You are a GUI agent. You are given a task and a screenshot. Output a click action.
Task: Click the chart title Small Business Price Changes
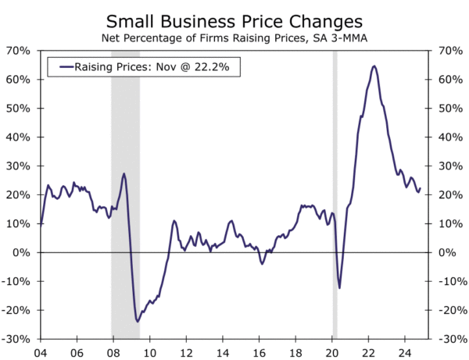(x=234, y=20)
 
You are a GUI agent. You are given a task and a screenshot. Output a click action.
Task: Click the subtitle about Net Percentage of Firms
(x=234, y=37)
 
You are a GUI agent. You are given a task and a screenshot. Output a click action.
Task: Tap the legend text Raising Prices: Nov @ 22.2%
(x=153, y=67)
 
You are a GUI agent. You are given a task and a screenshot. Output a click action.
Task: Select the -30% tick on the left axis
(x=16, y=339)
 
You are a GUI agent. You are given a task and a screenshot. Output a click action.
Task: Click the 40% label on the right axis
(x=450, y=137)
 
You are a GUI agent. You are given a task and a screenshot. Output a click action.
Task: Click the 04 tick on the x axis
(x=40, y=351)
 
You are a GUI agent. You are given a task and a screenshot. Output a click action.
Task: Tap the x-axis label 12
(x=186, y=351)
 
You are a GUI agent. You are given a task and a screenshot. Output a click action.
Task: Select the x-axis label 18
(x=296, y=351)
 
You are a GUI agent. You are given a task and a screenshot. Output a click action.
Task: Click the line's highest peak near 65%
(x=374, y=66)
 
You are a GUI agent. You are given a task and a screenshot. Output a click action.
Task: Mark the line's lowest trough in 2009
(x=138, y=321)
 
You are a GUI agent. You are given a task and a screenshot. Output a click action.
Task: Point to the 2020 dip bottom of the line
(x=339, y=287)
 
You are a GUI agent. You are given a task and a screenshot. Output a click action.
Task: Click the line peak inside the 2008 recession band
(x=124, y=173)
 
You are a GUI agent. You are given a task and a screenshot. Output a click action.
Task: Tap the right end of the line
(x=420, y=188)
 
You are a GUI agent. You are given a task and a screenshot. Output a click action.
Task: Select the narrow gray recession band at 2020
(x=335, y=195)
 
